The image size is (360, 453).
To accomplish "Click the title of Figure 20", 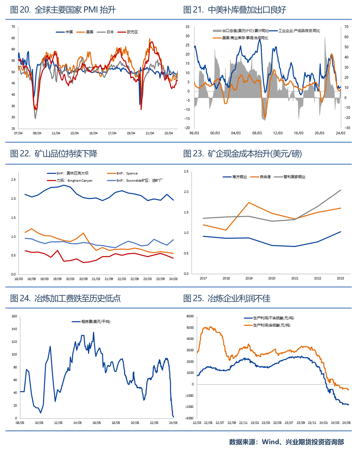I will click(x=63, y=10).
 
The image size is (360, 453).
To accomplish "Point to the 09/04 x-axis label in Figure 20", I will click(x=37, y=133).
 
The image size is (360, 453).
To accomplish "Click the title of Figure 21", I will click(x=235, y=10).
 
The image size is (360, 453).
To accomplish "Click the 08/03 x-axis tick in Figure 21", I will click(x=257, y=133).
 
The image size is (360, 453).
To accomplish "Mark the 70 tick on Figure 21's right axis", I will click(x=346, y=27).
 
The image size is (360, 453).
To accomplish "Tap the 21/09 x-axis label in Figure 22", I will click(x=109, y=279).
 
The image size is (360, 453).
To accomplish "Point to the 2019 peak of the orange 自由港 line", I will click(x=249, y=203).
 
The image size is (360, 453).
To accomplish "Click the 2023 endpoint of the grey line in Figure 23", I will click(x=340, y=190).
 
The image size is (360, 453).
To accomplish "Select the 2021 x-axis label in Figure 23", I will click(x=295, y=278).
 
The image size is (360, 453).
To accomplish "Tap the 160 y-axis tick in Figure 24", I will click(x=14, y=316).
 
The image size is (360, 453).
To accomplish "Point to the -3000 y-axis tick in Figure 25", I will click(x=190, y=418).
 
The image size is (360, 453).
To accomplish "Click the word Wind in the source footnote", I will click(x=270, y=442).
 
